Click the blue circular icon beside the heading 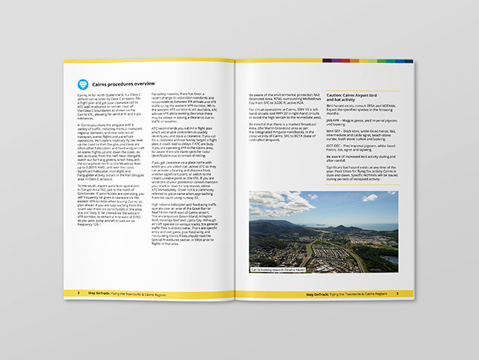(x=83, y=83)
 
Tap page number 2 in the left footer (x=79, y=294)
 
